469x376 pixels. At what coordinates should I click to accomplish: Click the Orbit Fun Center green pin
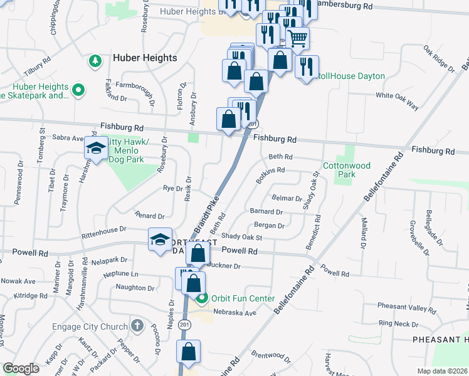[x=201, y=298]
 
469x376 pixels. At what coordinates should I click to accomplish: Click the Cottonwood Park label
[x=347, y=170]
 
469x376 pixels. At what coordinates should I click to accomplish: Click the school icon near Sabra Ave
[x=95, y=149]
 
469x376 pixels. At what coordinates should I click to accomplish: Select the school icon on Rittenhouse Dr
[x=159, y=239]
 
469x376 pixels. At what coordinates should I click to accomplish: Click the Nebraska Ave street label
[x=235, y=313]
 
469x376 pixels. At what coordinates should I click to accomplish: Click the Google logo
[x=21, y=369]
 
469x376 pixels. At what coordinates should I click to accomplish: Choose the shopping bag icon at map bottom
[x=188, y=353]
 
